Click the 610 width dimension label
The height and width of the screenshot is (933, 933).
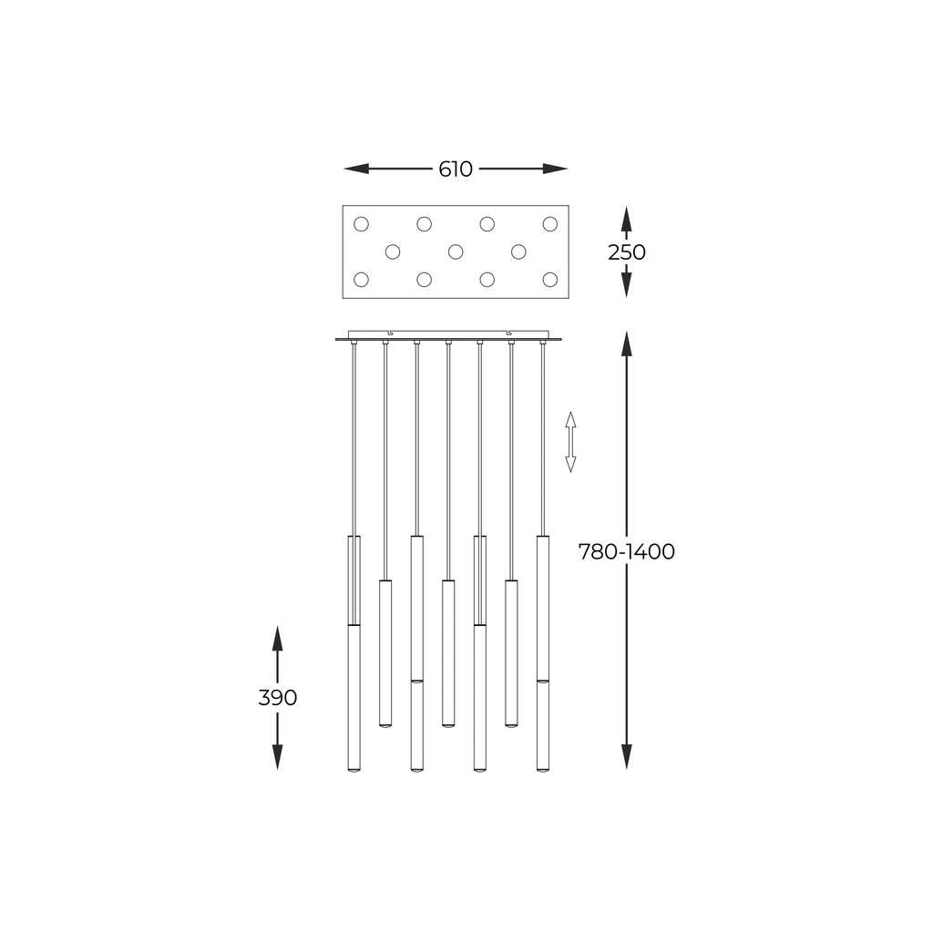coord(456,169)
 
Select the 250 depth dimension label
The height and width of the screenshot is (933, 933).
coord(626,252)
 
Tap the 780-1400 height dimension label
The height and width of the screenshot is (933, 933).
coord(626,552)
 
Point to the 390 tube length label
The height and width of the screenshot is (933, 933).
coord(278,698)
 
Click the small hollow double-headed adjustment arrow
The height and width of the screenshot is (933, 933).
coord(570,442)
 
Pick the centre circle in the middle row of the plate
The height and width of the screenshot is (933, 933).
coord(456,251)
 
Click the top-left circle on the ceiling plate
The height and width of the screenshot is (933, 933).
coord(361,223)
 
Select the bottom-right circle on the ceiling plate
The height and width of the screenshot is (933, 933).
coord(549,279)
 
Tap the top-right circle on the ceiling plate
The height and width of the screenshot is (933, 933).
coord(549,223)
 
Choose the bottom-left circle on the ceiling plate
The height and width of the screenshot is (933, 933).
coord(361,279)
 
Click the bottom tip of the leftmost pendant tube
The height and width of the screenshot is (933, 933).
coord(354,770)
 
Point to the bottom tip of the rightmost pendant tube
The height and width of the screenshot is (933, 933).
coord(543,770)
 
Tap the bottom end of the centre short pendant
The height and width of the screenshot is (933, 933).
coord(448,725)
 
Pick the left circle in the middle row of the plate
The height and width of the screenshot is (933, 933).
coord(393,251)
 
